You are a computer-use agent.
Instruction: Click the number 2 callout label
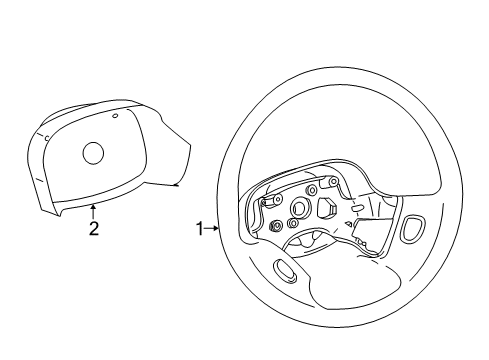pyautogui.click(x=94, y=229)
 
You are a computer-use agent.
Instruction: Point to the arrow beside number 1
pyautogui.click(x=212, y=229)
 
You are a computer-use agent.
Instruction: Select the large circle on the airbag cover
pyautogui.click(x=93, y=152)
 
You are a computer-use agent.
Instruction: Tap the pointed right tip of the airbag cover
pyautogui.click(x=179, y=185)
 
